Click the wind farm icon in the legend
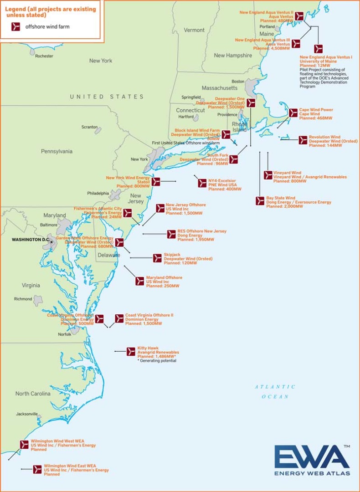tap(16, 27)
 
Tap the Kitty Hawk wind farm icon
tap(131, 351)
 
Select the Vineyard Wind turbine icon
tap(268, 175)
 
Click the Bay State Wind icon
tap(260, 201)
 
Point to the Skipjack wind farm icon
tap(158, 258)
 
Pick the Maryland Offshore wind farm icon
tap(140, 281)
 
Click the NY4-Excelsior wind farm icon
tap(202, 183)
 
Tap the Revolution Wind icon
tap(303, 140)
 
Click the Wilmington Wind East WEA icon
tap(37, 469)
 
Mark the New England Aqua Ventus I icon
tap(318, 48)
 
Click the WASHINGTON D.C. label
tap(30, 240)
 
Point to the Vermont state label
tap(194, 30)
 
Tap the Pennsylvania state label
tap(57, 151)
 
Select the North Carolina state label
tap(33, 394)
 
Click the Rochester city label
tap(44, 56)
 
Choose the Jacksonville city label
tap(27, 414)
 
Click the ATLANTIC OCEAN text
tap(275, 392)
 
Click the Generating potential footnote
tap(157, 361)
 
